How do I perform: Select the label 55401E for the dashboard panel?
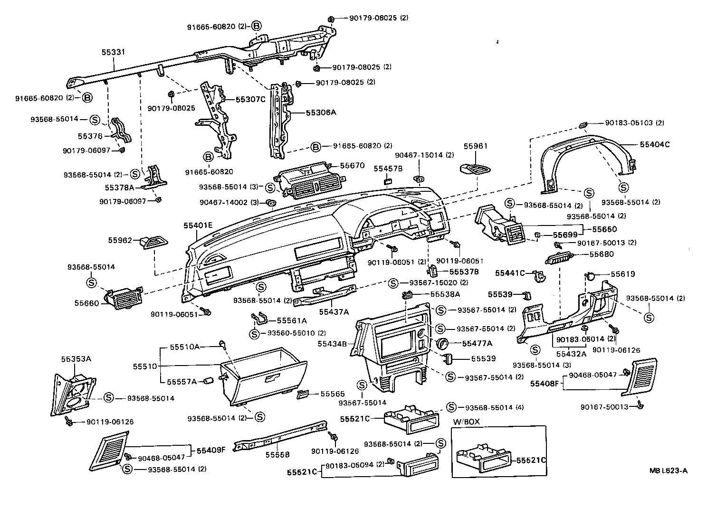tap(199, 225)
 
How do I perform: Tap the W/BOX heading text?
tap(467, 422)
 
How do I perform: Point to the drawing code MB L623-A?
tap(669, 471)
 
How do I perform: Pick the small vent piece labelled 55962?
tap(153, 243)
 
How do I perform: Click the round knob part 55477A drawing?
tap(442, 344)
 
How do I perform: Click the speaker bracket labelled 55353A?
tap(74, 390)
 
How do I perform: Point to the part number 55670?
tap(352, 166)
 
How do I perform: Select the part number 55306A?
tap(321, 113)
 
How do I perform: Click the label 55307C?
tap(251, 100)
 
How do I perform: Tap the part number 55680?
tap(602, 254)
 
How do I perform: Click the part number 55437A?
tap(334, 312)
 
